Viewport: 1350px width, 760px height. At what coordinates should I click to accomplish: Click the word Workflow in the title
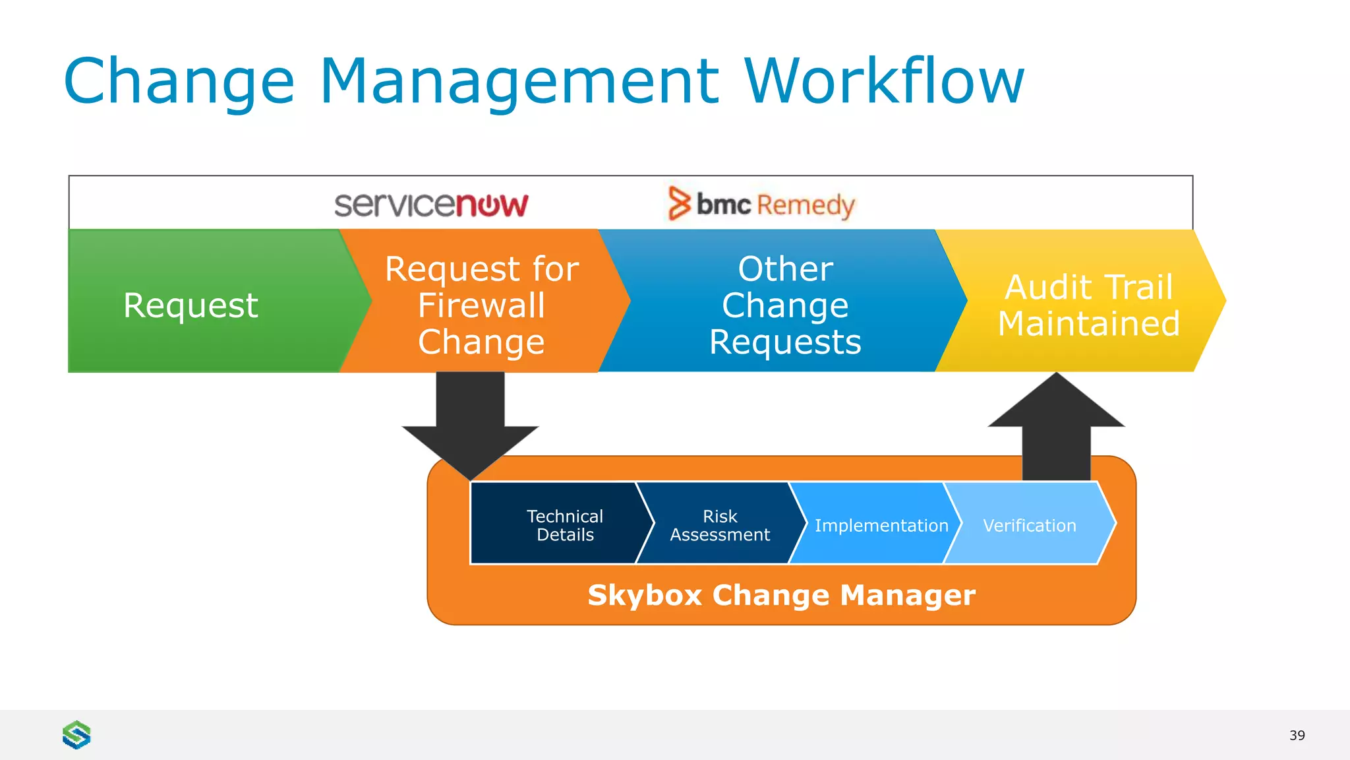885,81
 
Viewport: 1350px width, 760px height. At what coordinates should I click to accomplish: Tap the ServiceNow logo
431,205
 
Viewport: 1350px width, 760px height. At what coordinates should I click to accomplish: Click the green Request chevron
191,305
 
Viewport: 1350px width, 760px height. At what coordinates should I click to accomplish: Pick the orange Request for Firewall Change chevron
482,305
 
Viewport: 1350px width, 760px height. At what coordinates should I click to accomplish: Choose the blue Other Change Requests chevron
784,305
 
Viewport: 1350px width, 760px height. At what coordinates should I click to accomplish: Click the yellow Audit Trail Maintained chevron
1088,305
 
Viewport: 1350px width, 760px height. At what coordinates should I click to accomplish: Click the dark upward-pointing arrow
1056,429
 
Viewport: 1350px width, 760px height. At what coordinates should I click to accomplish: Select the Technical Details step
564,525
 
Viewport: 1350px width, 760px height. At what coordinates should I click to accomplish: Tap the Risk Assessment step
719,525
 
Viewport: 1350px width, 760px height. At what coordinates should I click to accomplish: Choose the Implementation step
881,525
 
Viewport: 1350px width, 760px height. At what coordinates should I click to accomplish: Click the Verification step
1029,525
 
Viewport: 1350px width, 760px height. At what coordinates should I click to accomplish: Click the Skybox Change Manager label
781,595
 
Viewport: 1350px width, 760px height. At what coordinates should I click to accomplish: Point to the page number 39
1297,735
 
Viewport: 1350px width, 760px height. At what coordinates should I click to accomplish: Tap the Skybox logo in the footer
76,734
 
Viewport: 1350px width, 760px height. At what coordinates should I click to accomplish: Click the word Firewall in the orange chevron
482,305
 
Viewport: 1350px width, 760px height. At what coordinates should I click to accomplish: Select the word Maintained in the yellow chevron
1088,324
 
